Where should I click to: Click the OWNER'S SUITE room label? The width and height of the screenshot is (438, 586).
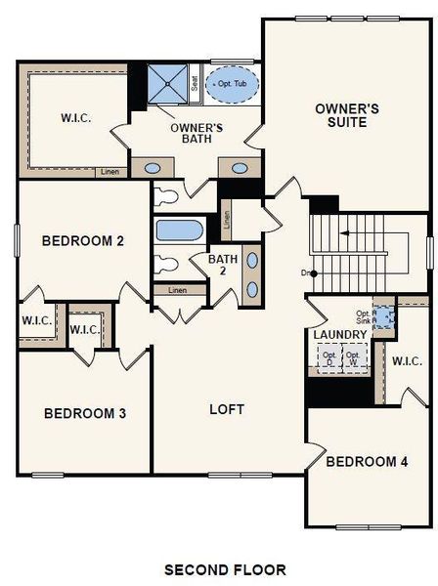pyautogui.click(x=340, y=114)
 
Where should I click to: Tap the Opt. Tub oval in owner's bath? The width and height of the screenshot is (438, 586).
pyautogui.click(x=232, y=83)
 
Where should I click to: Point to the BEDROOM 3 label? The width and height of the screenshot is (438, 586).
pyautogui.click(x=85, y=413)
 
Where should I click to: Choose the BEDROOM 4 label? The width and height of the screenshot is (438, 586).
pyautogui.click(x=367, y=461)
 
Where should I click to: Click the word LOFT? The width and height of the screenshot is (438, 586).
pyautogui.click(x=227, y=409)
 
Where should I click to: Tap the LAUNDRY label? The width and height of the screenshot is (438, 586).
pyautogui.click(x=339, y=335)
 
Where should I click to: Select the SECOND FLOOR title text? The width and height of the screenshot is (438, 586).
pyautogui.click(x=225, y=569)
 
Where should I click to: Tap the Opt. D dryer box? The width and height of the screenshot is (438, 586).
pyautogui.click(x=328, y=357)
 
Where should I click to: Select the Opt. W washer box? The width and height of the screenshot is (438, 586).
pyautogui.click(x=353, y=357)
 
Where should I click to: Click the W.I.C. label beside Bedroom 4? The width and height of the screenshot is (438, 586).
pyautogui.click(x=407, y=361)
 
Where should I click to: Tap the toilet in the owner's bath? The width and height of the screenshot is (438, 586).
pyautogui.click(x=165, y=196)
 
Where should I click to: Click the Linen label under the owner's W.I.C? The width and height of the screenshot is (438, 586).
pyautogui.click(x=110, y=173)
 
